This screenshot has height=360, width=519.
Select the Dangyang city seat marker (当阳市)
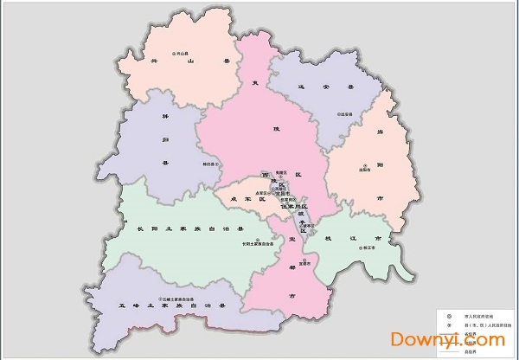[365, 165]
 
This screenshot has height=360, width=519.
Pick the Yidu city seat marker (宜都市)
[292, 260]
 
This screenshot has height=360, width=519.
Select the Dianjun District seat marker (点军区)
[252, 192]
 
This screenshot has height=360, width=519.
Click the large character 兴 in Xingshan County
[155, 61]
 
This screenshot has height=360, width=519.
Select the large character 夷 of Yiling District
[254, 83]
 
